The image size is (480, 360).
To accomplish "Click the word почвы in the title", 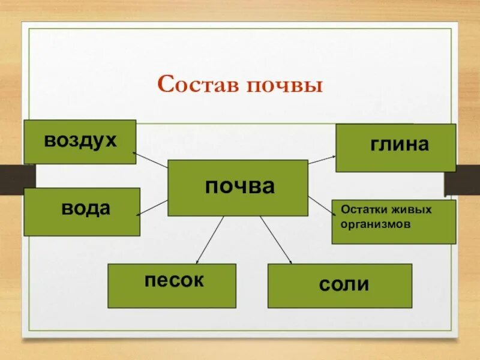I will pyautogui.click(x=285, y=86).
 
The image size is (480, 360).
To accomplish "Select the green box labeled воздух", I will pyautogui.click(x=80, y=142).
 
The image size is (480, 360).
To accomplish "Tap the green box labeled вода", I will pyautogui.click(x=82, y=212).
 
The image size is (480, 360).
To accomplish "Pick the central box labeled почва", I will pyautogui.click(x=238, y=188).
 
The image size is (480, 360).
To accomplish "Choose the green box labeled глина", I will pyautogui.click(x=395, y=148).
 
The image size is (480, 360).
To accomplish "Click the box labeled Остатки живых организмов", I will pyautogui.click(x=394, y=222).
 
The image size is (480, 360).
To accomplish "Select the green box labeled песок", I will pyautogui.click(x=172, y=286).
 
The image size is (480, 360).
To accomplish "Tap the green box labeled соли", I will pyautogui.click(x=340, y=286).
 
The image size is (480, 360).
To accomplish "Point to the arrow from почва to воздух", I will pyautogui.click(x=151, y=159).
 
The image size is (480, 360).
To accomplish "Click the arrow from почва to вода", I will pyautogui.click(x=153, y=207).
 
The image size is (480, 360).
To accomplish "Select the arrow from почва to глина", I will pyautogui.click(x=322, y=158).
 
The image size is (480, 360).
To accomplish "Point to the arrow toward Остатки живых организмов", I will pyautogui.click(x=322, y=205).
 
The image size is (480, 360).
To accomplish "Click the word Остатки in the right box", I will pyautogui.click(x=361, y=211).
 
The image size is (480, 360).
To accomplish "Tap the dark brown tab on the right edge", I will pyautogui.click(x=463, y=183).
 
